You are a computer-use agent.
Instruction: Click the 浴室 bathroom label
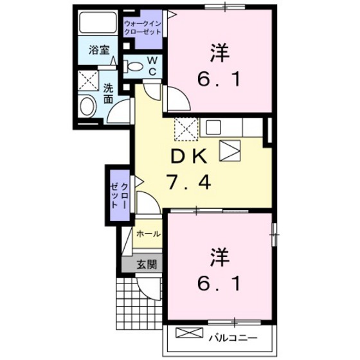click(98, 49)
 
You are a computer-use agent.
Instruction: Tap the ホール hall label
click(148, 235)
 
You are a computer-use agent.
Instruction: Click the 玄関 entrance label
click(147, 264)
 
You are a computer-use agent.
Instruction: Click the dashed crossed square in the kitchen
click(185, 130)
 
